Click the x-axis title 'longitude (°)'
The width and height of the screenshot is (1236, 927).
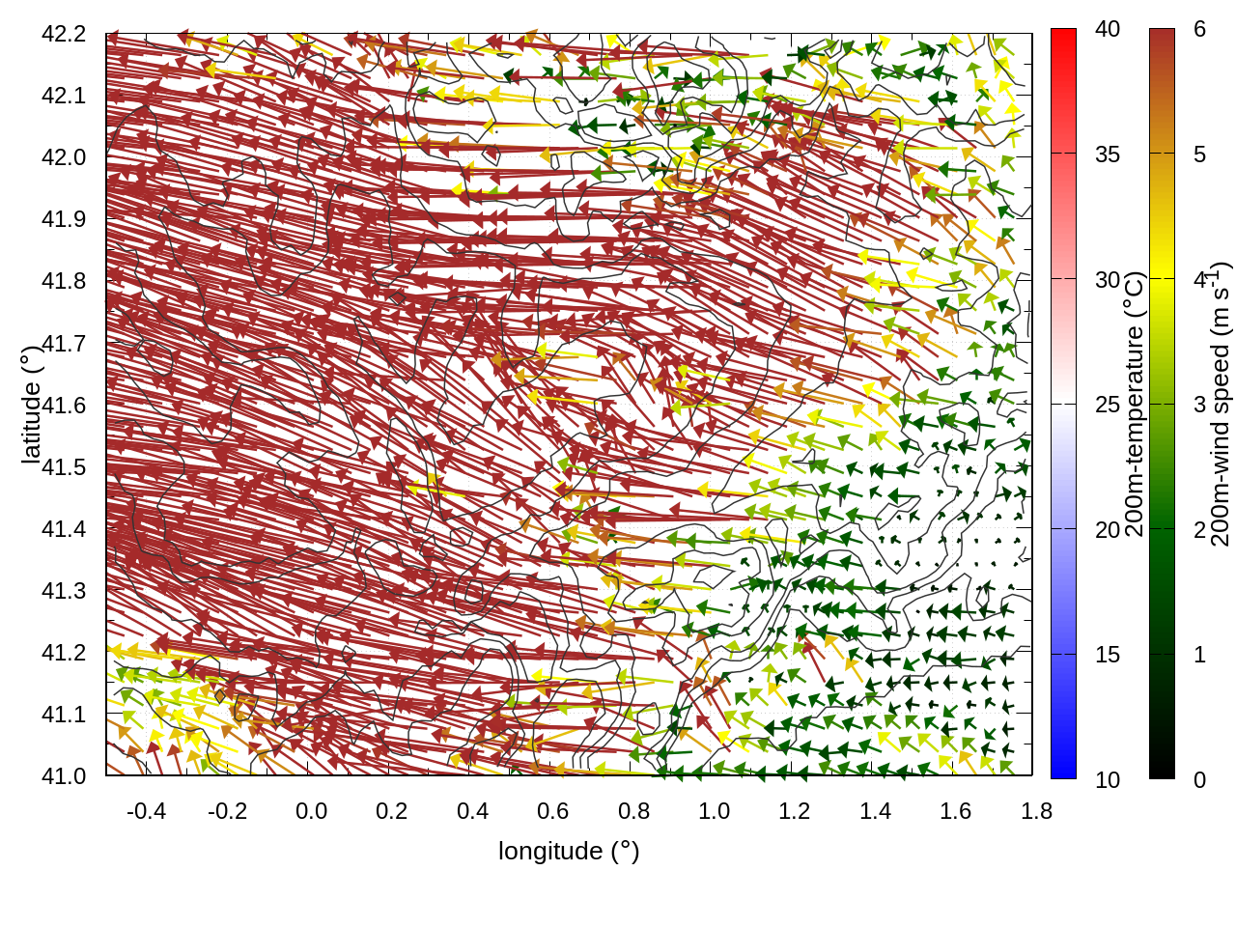coord(569,851)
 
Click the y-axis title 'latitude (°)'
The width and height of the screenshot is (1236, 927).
coord(31,405)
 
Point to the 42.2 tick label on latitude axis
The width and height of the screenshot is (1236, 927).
coord(64,34)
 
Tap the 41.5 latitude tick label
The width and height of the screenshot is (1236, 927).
coord(64,467)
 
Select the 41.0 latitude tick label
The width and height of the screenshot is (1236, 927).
coord(64,776)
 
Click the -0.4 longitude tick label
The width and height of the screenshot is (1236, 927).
coord(146,811)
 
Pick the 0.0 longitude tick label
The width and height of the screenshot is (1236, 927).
coord(311,811)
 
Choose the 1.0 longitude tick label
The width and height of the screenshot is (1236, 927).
coord(714,811)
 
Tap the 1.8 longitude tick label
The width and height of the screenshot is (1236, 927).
coord(1036,811)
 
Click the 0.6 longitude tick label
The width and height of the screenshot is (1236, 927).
coord(552,811)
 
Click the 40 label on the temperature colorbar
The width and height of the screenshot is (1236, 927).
coord(1108,29)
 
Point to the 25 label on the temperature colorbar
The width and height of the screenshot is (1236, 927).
coord(1108,405)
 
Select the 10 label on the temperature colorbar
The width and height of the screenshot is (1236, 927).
coord(1108,779)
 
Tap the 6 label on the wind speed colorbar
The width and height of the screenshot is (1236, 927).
coord(1199,29)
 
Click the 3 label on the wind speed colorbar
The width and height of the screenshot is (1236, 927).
coord(1199,405)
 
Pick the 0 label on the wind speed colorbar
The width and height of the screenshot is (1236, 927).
coord(1199,779)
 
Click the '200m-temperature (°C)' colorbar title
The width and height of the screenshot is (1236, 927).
coord(1135,405)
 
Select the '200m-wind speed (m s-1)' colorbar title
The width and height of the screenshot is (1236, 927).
coord(1221,405)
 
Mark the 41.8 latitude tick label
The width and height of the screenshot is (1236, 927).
coord(64,281)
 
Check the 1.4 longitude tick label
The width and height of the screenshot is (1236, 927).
coord(875,811)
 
